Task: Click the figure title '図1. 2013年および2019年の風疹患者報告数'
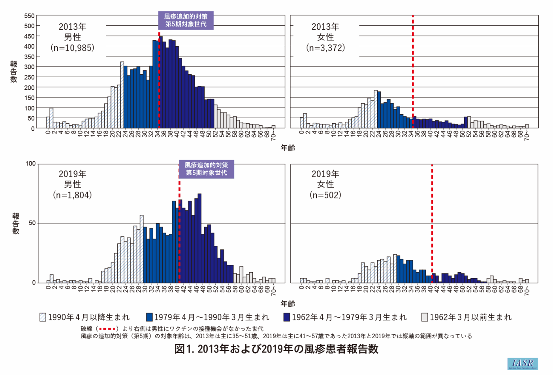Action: (276, 349)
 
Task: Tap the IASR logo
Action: (522, 364)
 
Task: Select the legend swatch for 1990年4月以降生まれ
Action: (43, 317)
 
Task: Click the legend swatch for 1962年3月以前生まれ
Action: (425, 317)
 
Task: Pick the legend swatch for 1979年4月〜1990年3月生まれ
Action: (149, 317)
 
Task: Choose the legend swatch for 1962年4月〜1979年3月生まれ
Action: (287, 317)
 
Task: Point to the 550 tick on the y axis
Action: (30, 16)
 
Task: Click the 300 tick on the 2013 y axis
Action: (30, 67)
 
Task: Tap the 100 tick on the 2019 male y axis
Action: (30, 164)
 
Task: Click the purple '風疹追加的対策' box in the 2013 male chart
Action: (186, 20)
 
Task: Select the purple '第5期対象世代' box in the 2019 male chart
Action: (206, 169)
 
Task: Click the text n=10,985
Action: (72, 48)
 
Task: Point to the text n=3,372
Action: (325, 48)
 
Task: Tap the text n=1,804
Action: (72, 195)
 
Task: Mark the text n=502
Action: (325, 195)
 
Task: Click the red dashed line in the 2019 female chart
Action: (432, 221)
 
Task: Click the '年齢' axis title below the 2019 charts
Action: (288, 303)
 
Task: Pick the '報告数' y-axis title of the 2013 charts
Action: (14, 72)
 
